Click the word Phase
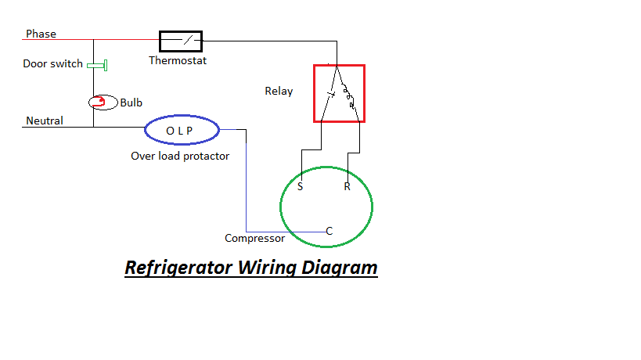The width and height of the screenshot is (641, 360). coord(41,34)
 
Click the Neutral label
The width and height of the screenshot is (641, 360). coord(45,121)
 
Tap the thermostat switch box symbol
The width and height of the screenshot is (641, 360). coord(181,40)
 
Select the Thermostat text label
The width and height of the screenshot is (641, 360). coord(178,60)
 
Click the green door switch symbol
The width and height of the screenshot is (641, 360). coord(98,64)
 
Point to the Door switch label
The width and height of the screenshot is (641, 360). coord(52,64)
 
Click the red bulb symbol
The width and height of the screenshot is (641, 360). coord(98,102)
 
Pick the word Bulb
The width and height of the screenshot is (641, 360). coord(131,103)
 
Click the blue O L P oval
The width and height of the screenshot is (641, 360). coord(182,130)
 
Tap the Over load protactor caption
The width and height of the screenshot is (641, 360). coord(180,156)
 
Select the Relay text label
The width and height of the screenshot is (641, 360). coord(279,92)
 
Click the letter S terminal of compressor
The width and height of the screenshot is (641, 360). coord(301,187)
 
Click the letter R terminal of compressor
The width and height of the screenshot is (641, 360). coord(347,187)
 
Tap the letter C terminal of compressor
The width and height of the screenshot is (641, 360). coord(330,231)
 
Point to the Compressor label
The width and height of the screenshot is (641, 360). coord(254,238)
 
